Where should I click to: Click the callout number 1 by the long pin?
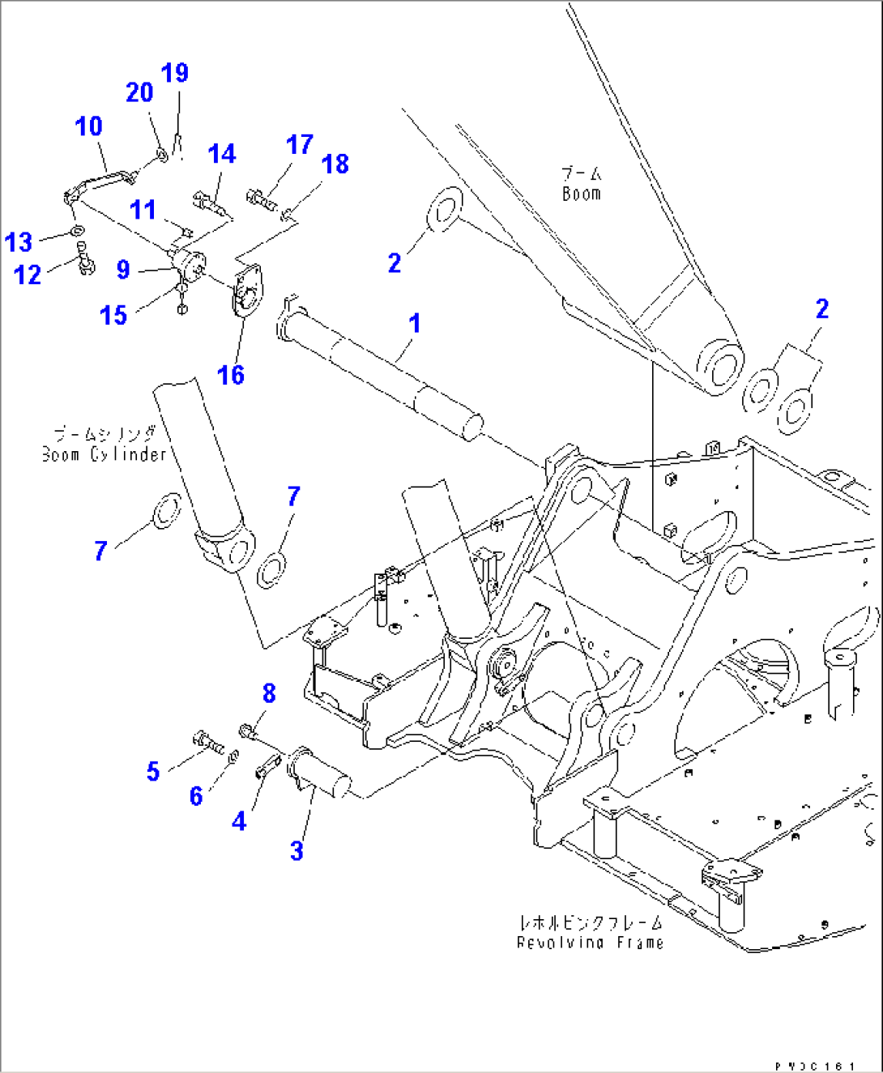pyautogui.click(x=414, y=323)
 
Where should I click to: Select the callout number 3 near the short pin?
pyautogui.click(x=296, y=850)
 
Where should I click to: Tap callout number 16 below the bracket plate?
pyautogui.click(x=231, y=375)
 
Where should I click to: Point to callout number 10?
pyautogui.click(x=88, y=126)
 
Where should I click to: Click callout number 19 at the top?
pyautogui.click(x=175, y=73)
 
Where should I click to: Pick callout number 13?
pyautogui.click(x=19, y=241)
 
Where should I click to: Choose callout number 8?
pyautogui.click(x=269, y=693)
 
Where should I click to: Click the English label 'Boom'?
pyautogui.click(x=582, y=194)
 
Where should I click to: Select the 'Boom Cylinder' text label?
pyautogui.click(x=104, y=454)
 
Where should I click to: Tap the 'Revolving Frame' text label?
pyautogui.click(x=590, y=943)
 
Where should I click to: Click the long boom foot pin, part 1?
pyautogui.click(x=381, y=368)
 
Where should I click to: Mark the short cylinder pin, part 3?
pyautogui.click(x=320, y=777)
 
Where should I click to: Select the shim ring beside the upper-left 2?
pyautogui.click(x=443, y=211)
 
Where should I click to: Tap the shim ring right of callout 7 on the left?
pyautogui.click(x=167, y=511)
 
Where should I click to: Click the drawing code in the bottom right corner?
pyautogui.click(x=813, y=1066)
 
